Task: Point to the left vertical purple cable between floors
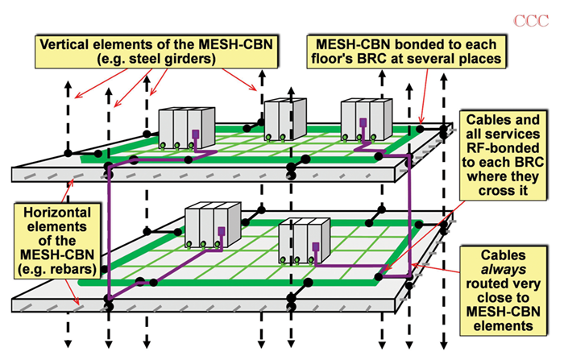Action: coord(108,234)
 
